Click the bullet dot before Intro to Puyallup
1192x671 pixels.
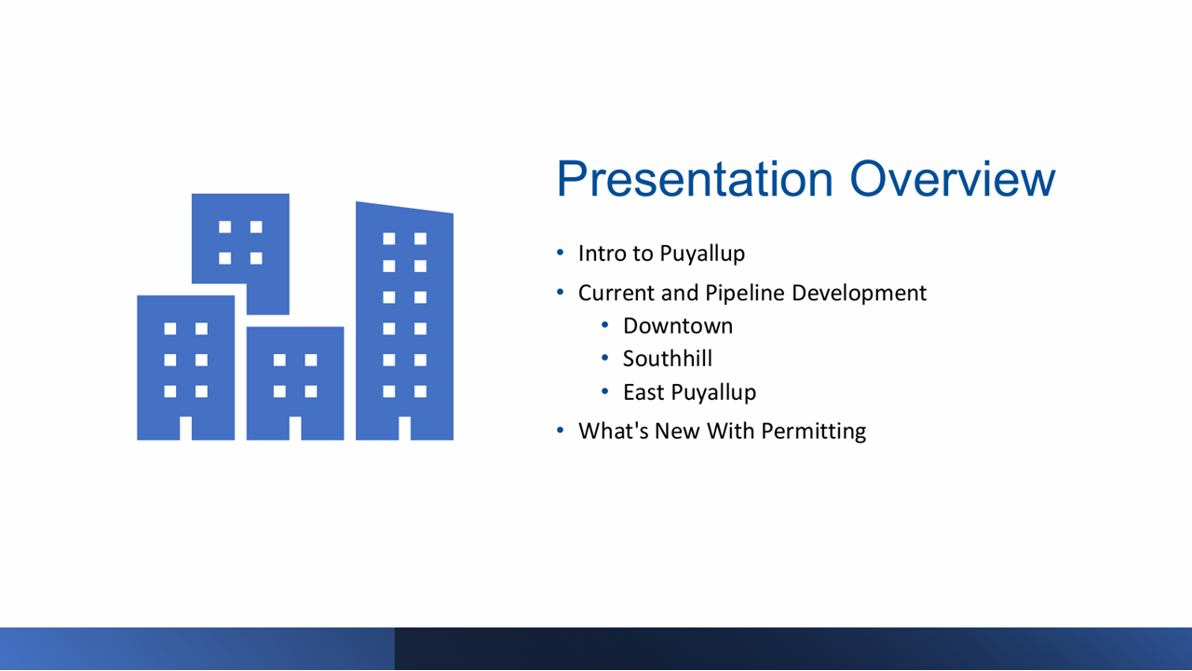[x=560, y=253]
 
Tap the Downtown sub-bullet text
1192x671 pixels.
[x=677, y=326]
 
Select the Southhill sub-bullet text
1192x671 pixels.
[x=667, y=359]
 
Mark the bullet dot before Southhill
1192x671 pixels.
[x=604, y=358]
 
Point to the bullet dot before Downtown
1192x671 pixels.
[x=604, y=325]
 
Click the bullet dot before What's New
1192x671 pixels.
[x=560, y=431]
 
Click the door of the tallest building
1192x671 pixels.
[x=404, y=429]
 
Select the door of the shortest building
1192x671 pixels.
[x=295, y=429]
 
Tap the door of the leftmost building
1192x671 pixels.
[x=185, y=429]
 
